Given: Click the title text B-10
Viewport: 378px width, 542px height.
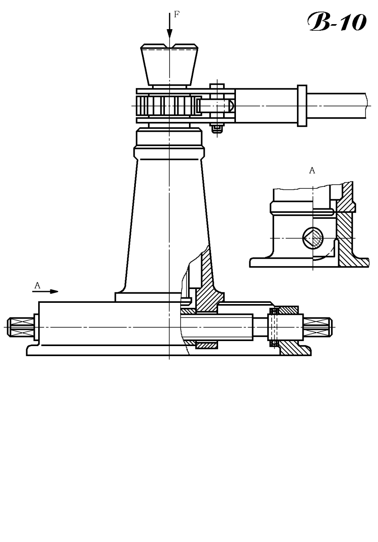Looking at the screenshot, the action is tap(337, 22).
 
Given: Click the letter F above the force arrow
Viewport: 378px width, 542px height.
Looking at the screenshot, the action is tap(177, 15).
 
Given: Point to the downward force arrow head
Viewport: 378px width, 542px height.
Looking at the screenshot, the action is tap(169, 34).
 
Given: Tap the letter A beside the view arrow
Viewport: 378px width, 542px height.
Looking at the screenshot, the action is tap(37, 285).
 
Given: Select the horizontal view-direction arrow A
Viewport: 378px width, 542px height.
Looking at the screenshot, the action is tap(45, 292).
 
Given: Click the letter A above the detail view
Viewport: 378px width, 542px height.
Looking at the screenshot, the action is tap(312, 171).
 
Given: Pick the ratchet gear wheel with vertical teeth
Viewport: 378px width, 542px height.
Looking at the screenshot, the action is tap(167, 106).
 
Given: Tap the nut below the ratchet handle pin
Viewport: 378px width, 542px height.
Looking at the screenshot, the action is tap(217, 129).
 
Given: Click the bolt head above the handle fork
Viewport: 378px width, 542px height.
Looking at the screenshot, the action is tap(217, 86).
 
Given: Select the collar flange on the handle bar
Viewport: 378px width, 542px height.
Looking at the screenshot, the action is tap(302, 106).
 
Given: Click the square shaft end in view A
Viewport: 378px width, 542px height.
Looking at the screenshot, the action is tap(313, 238).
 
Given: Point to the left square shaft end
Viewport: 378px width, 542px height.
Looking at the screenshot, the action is tap(20, 327).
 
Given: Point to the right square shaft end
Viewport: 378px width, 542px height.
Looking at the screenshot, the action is tap(318, 327).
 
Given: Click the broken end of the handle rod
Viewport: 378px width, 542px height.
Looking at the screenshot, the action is tap(367, 106).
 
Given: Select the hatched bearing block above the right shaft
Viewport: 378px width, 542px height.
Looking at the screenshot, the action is tap(288, 310).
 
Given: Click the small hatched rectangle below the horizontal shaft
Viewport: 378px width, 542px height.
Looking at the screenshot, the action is tap(206, 345).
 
